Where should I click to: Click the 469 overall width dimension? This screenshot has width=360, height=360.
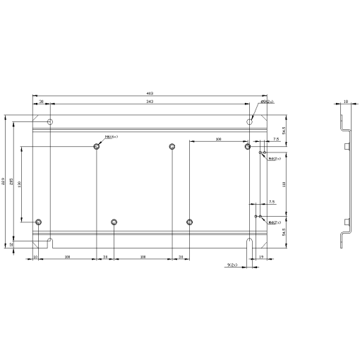click(150, 93)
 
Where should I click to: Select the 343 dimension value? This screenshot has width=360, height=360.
click(150, 102)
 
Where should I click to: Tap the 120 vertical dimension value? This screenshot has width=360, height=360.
click(19, 184)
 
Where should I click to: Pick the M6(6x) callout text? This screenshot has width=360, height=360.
click(111, 137)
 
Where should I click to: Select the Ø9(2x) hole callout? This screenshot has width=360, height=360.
click(267, 102)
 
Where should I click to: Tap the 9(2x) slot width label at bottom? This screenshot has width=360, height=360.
click(232, 265)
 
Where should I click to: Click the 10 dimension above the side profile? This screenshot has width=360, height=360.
click(345, 102)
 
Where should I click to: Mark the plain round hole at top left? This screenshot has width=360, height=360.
click(49, 122)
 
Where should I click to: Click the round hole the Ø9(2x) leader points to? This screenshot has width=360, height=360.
click(250, 122)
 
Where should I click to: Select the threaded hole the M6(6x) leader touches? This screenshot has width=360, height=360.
click(97, 146)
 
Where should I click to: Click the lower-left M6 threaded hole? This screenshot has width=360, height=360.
click(39, 222)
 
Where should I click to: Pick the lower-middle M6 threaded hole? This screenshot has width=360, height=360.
click(114, 222)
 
